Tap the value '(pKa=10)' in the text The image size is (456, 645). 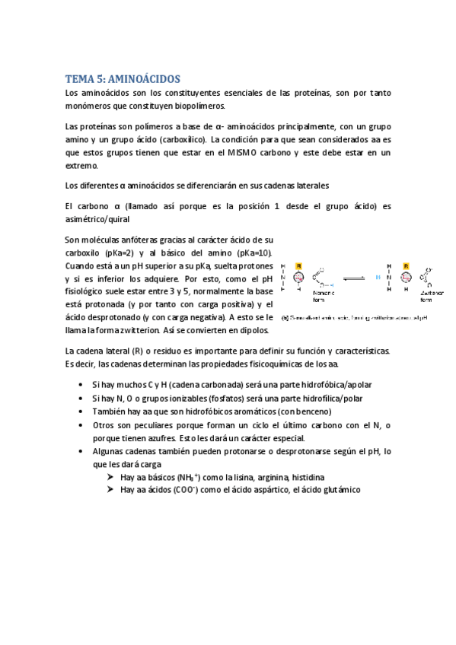pos(250,252)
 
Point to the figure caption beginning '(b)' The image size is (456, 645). pos(354,317)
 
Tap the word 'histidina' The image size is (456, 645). pos(305,477)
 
